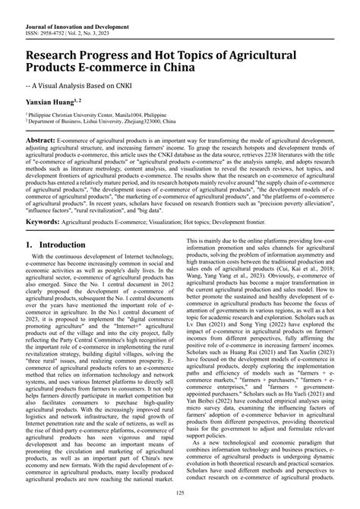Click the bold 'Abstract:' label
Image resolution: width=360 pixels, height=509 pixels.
point(46,141)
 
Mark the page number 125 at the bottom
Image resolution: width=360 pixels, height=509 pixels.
point(179,495)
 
